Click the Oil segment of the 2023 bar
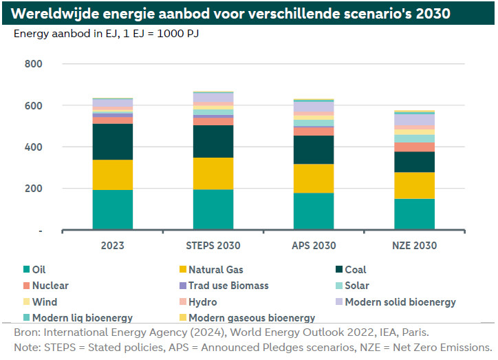(112, 209)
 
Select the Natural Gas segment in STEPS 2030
(213, 173)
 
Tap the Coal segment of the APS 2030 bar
(314, 149)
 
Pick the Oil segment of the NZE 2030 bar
(414, 213)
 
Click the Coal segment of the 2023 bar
(112, 142)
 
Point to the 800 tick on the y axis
(33, 65)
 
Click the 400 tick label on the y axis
(33, 147)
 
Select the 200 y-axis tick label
(33, 189)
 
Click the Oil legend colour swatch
(26, 270)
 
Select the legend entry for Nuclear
(50, 286)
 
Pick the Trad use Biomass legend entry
(228, 286)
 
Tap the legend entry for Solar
(357, 286)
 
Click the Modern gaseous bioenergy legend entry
(251, 318)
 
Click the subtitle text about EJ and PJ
(107, 33)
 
